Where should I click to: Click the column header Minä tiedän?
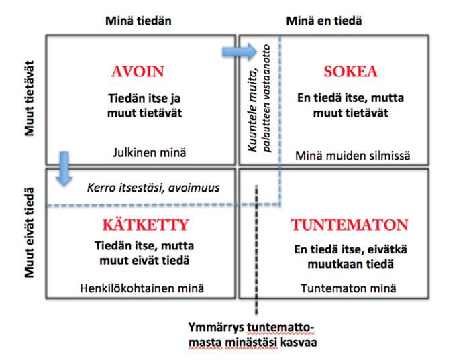(x=138, y=21)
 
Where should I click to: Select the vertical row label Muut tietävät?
(x=30, y=100)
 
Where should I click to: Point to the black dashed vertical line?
(x=256, y=268)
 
